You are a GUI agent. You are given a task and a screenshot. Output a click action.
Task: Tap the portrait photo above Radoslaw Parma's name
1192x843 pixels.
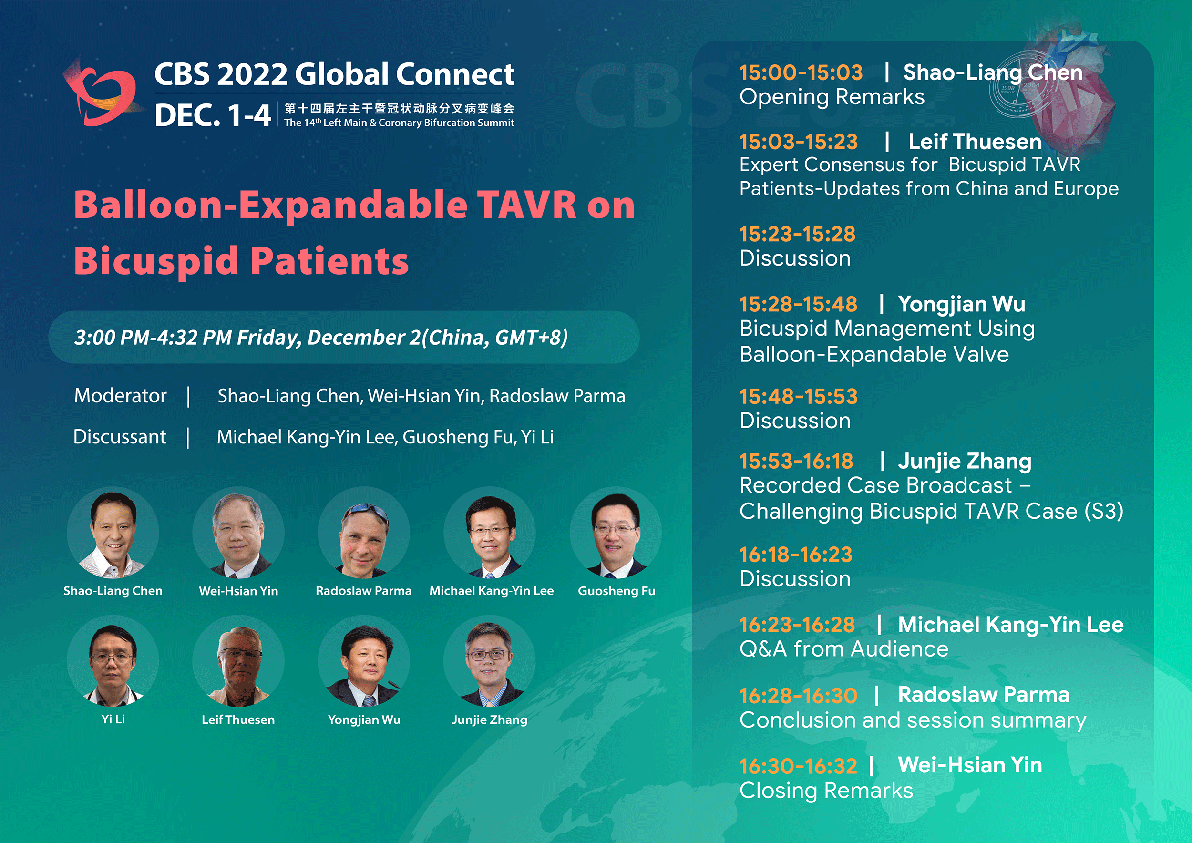pos(364,533)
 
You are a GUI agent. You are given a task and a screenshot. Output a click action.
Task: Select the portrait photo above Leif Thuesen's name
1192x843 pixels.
pos(238,661)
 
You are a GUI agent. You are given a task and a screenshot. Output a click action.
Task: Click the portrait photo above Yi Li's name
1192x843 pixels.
pos(113,661)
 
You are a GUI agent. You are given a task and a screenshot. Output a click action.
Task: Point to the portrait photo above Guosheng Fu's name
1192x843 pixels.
pos(616,533)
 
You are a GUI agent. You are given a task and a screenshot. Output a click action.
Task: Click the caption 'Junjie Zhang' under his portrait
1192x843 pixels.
pos(490,720)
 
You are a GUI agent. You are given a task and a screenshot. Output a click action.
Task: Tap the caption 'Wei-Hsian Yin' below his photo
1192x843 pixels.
pos(238,591)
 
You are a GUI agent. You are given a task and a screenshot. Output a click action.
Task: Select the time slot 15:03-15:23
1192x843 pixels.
pos(799,142)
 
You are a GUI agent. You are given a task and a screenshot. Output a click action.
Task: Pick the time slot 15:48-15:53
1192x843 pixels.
pos(799,397)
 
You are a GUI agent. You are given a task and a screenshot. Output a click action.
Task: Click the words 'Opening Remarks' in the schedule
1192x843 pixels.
pos(832,98)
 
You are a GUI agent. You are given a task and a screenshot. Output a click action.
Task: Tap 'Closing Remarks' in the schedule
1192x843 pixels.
pos(826,791)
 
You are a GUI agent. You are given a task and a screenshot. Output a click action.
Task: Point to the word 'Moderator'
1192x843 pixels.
pos(121,396)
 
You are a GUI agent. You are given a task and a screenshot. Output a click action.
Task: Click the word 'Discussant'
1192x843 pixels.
pos(120,437)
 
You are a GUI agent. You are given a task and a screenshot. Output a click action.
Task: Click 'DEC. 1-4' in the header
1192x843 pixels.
pos(213,115)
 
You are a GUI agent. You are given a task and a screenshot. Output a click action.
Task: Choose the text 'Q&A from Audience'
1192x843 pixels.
pos(844,649)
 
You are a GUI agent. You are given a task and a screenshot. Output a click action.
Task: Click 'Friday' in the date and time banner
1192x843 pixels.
pos(269,338)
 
